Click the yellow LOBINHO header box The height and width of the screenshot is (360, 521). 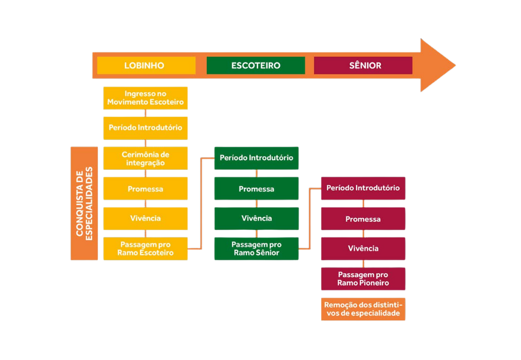146,65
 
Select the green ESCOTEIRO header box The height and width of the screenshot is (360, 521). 256,65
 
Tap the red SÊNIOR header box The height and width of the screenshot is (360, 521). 363,65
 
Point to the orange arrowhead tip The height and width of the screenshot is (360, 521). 455,65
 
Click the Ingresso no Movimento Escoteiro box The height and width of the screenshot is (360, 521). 146,98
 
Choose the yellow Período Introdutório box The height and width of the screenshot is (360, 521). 146,128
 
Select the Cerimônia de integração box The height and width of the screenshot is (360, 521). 146,158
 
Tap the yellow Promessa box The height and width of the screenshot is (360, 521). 146,189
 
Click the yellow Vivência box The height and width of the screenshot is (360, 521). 146,218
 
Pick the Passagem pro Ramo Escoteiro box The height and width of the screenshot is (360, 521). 146,249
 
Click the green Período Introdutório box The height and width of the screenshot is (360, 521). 257,158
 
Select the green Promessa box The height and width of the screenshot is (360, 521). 257,189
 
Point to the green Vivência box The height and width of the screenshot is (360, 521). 257,218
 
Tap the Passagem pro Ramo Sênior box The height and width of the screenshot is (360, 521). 257,249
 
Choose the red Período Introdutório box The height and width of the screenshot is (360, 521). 363,189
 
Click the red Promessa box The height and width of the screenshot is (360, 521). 363,218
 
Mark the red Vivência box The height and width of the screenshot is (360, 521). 363,249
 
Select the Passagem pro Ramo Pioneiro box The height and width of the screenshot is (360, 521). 363,279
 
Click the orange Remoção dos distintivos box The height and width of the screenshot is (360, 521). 363,309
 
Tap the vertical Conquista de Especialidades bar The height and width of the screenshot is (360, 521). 84,204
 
